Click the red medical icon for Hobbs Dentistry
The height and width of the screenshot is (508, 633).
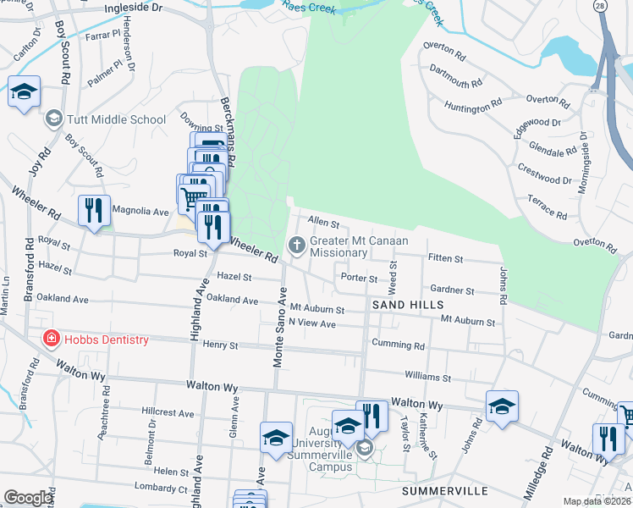click(x=52, y=340)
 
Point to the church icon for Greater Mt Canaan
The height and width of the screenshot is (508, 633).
click(x=296, y=246)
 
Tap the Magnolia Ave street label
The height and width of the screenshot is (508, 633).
click(x=140, y=211)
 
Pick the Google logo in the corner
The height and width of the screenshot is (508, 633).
click(x=28, y=498)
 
